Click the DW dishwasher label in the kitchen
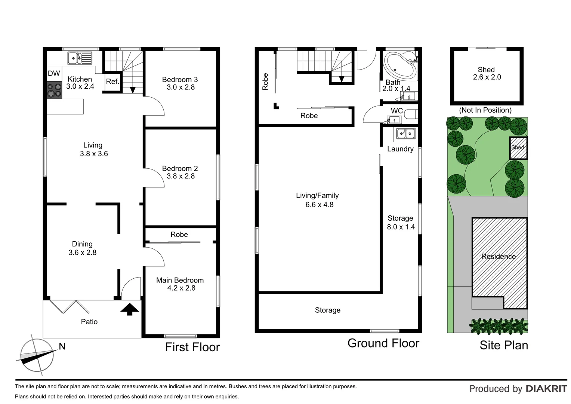54,74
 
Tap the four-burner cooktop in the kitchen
54,90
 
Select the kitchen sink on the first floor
80,58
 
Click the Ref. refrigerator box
112,82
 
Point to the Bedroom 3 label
180,79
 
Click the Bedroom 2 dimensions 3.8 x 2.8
180,176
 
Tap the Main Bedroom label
180,280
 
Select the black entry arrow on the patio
130,309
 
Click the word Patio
89,322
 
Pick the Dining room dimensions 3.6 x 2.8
82,252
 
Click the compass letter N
62,346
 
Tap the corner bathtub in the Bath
400,65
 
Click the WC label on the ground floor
396,111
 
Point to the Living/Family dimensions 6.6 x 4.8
319,205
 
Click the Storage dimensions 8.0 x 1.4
401,227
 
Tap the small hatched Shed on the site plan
518,148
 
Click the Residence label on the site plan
499,256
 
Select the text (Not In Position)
485,110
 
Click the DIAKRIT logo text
546,389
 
